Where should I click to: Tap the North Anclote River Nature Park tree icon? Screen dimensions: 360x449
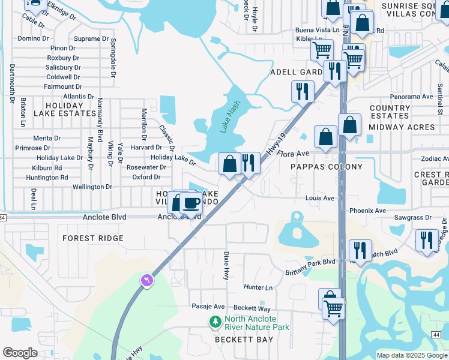click(215, 323)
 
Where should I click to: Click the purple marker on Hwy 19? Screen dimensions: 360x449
click(146, 280)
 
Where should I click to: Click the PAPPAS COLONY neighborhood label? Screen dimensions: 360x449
click(327, 166)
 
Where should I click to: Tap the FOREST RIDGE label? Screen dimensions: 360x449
click(93, 238)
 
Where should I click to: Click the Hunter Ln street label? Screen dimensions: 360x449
click(258, 287)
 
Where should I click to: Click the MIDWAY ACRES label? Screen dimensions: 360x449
click(401, 127)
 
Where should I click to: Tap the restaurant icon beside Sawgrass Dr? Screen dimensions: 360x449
click(426, 239)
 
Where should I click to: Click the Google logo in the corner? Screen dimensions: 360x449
click(20, 353)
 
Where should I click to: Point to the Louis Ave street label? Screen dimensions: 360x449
click(319, 197)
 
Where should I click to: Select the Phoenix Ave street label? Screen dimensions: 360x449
click(368, 211)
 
